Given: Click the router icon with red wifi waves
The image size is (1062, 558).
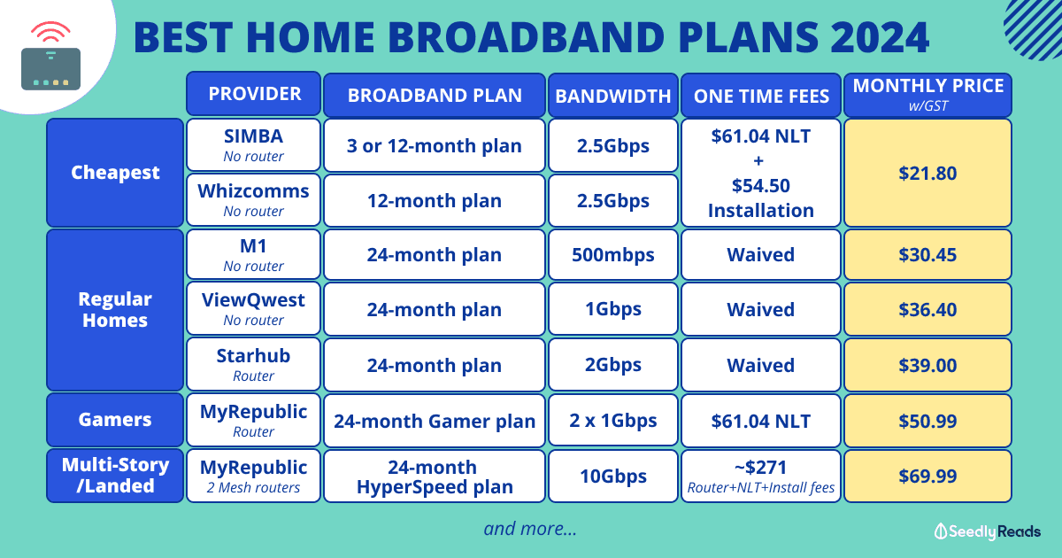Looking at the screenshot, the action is tap(50, 56).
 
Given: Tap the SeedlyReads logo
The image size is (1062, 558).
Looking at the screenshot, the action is tap(987, 531).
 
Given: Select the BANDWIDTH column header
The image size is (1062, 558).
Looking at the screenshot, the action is tap(613, 96).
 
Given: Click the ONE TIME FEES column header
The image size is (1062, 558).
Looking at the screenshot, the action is tap(761, 96).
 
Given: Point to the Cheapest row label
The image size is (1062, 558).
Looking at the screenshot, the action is tap(115, 173).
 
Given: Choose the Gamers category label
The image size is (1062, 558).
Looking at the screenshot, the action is tap(115, 420).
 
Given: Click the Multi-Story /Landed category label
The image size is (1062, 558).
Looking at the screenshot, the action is tap(115, 476).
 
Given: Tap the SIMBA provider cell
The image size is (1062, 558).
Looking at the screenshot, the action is tap(254, 144).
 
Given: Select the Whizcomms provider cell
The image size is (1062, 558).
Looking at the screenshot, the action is tap(254, 200).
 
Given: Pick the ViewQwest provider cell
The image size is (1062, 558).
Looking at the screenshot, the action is tap(254, 309).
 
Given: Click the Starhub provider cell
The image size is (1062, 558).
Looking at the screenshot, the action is tap(254, 364).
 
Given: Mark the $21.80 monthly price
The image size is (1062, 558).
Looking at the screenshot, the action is tap(927, 173).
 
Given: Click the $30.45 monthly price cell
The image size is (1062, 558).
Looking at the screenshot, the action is tap(927, 255).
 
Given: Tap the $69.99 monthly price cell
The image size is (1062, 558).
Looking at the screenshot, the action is tap(927, 476).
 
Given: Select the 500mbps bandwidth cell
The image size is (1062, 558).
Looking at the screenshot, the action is tap(613, 255).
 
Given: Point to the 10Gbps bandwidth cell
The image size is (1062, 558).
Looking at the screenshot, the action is tap(613, 476).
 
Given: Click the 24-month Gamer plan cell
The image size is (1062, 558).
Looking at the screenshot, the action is tap(435, 421).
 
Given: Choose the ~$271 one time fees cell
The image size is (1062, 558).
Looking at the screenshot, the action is tap(761, 476).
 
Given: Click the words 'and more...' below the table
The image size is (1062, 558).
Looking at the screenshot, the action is tap(530, 529).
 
